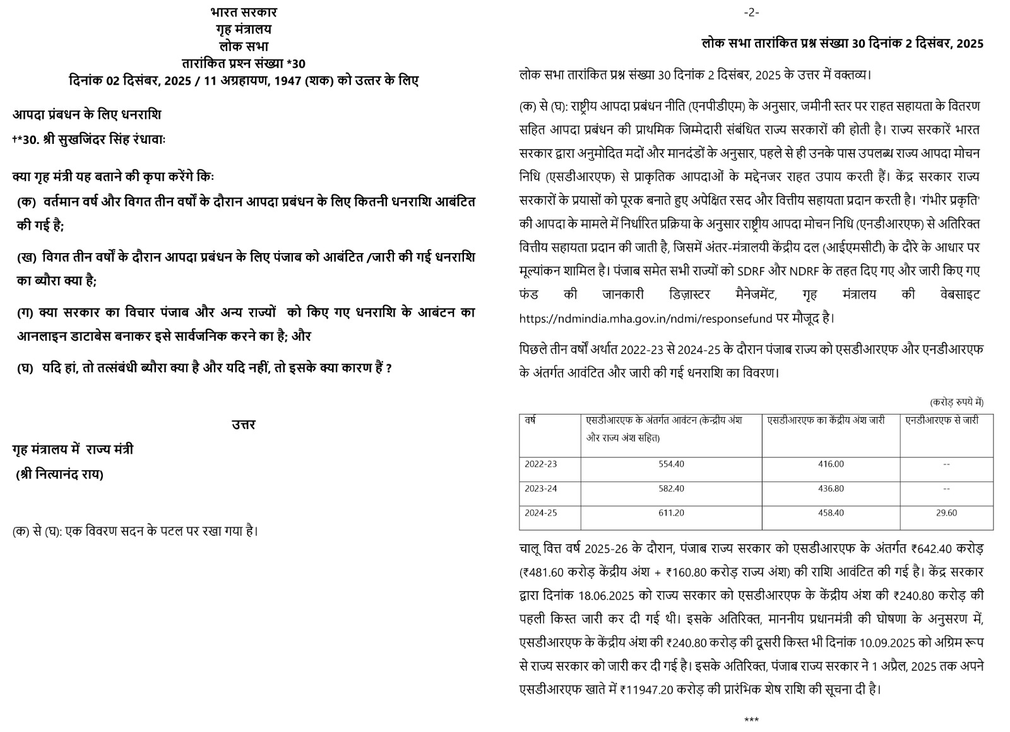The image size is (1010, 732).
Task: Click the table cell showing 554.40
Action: click(671, 464)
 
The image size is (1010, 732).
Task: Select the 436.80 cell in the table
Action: click(831, 488)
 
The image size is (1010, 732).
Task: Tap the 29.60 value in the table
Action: click(946, 513)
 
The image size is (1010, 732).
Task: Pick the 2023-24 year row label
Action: click(541, 488)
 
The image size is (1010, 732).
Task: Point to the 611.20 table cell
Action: click(671, 513)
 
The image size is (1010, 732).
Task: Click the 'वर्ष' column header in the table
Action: click(530, 420)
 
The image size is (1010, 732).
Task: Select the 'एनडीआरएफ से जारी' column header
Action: click(942, 420)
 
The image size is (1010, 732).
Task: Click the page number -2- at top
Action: click(751, 13)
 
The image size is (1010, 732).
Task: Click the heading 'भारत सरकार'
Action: click(244, 12)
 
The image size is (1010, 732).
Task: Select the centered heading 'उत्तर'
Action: click(244, 425)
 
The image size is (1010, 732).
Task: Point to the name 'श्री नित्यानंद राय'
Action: click(60, 475)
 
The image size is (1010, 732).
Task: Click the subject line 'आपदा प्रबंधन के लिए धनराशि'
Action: click(87, 114)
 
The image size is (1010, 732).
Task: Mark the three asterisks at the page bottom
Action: click(751, 720)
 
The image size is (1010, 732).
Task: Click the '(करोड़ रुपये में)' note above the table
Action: click(956, 402)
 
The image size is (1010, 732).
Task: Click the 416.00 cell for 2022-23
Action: click(831, 464)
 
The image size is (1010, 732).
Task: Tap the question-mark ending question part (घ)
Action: click(389, 369)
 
